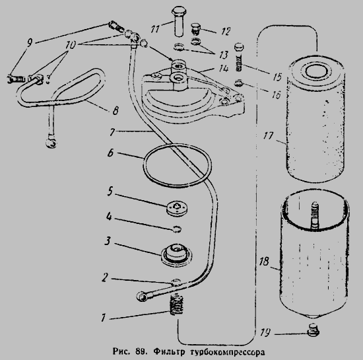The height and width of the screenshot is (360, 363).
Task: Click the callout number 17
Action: pyautogui.click(x=269, y=135)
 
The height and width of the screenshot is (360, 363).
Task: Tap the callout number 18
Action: pyautogui.click(x=264, y=262)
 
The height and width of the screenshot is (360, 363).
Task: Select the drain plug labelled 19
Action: pyautogui.click(x=313, y=330)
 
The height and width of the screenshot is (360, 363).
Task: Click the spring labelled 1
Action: pyautogui.click(x=177, y=304)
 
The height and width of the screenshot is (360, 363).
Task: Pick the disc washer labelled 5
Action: pyautogui.click(x=177, y=208)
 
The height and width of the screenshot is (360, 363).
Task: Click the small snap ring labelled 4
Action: pyautogui.click(x=177, y=229)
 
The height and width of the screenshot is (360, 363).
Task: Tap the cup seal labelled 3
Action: pyautogui.click(x=176, y=254)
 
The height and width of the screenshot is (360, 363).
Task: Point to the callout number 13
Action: pyautogui.click(x=224, y=55)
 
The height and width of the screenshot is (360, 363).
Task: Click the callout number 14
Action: pyautogui.click(x=224, y=69)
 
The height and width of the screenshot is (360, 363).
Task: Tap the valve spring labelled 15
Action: pyautogui.click(x=240, y=57)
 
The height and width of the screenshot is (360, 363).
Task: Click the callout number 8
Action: pyautogui.click(x=115, y=110)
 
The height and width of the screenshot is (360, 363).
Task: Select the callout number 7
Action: pyautogui.click(x=112, y=132)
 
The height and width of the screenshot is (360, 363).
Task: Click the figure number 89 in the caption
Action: pyautogui.click(x=141, y=351)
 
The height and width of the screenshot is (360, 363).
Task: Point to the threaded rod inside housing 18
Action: pyautogui.click(x=314, y=216)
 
